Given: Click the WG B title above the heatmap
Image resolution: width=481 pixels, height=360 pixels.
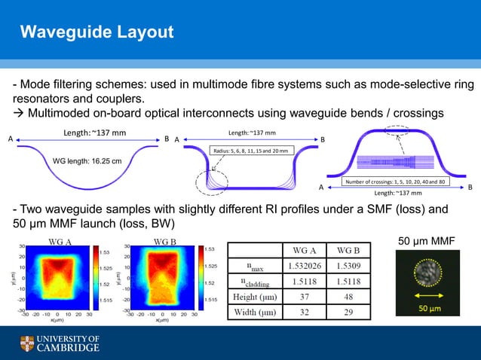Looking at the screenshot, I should coord(165,241).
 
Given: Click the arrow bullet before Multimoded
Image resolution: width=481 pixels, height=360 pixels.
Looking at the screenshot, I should coord(19,113).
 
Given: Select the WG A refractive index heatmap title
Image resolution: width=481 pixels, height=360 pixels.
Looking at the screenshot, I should coord(60,241).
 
